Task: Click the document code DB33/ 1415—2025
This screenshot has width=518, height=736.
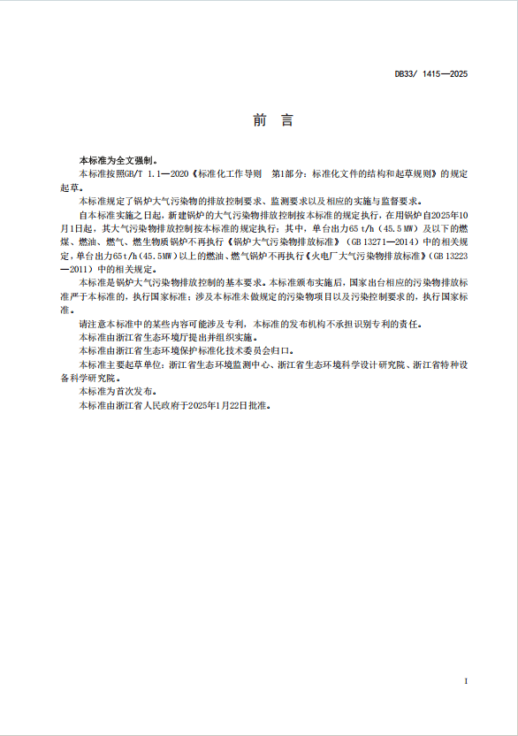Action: [x=430, y=73]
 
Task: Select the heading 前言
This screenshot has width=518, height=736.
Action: [x=259, y=121]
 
